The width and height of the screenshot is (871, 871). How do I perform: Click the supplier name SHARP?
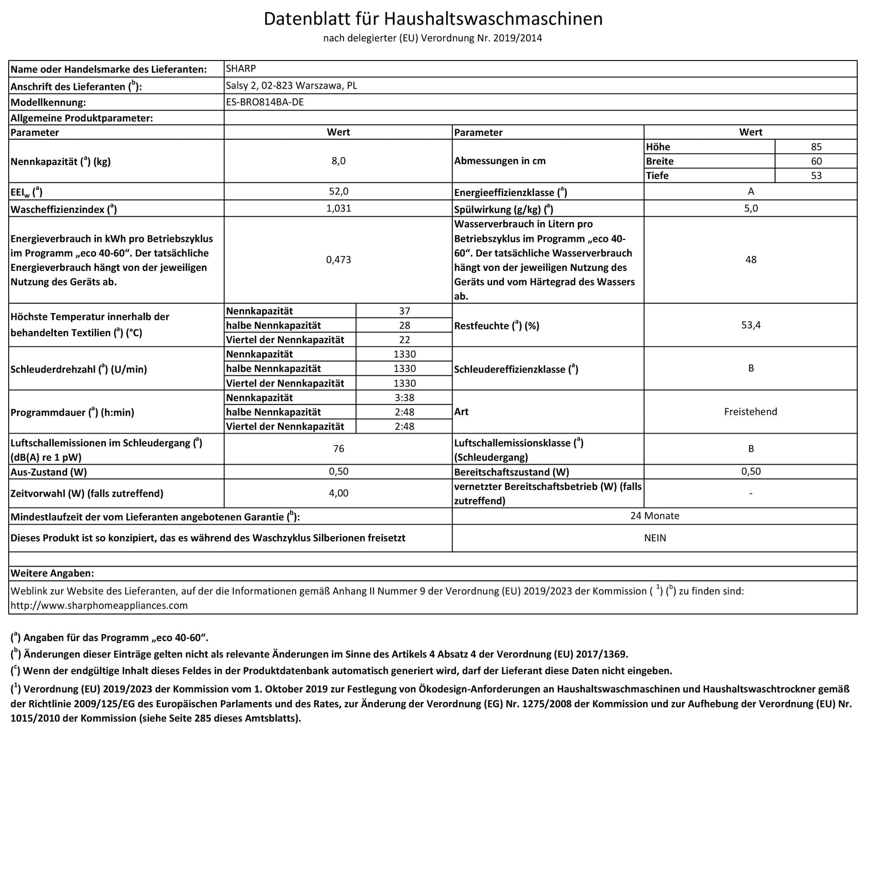(241, 69)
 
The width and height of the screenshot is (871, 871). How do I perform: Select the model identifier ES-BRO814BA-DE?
(265, 102)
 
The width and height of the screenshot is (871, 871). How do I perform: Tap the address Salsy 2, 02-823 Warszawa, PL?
(291, 86)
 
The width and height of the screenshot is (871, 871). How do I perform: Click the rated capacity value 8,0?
(338, 161)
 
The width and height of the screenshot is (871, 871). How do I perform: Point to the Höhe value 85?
(816, 147)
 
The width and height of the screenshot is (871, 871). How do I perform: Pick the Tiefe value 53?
(816, 176)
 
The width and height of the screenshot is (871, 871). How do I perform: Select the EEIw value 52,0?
(338, 192)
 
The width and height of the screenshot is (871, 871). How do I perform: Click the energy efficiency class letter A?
(751, 192)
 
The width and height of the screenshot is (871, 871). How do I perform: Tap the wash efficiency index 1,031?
(338, 209)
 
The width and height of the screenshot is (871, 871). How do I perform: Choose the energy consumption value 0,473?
(338, 260)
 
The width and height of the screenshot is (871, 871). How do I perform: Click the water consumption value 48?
(751, 260)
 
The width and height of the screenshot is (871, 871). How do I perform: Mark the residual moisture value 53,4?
(751, 325)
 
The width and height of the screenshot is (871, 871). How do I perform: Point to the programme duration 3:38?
(404, 398)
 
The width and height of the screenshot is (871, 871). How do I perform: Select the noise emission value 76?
(338, 449)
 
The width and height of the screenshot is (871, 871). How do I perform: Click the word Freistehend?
(751, 412)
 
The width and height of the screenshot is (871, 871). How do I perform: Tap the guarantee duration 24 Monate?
(654, 516)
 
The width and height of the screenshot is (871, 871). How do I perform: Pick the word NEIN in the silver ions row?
(654, 538)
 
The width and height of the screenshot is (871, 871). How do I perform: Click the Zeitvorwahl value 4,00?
(338, 493)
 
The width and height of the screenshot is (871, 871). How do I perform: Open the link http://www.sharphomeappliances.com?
(99, 605)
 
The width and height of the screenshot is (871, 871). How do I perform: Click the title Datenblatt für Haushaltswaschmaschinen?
(433, 19)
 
